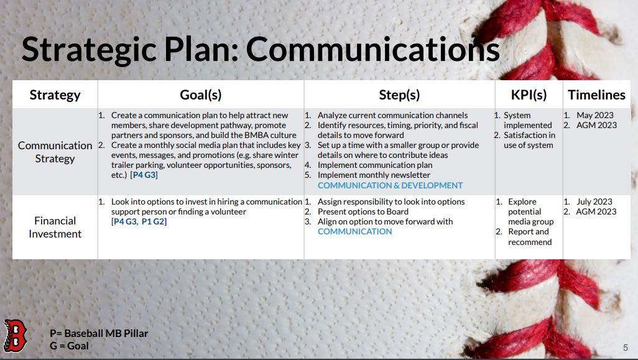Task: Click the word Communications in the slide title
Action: (372, 49)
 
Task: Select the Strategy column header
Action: (55, 95)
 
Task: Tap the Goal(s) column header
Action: (201, 95)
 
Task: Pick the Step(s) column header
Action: (399, 95)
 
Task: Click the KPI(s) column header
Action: (529, 95)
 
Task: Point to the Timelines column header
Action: (596, 95)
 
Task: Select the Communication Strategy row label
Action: (55, 152)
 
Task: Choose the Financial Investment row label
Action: (55, 227)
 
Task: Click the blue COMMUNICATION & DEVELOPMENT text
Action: (391, 185)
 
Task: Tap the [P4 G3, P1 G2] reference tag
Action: (139, 222)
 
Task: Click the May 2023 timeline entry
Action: (595, 116)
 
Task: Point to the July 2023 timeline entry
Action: (594, 202)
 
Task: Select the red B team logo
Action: (15, 336)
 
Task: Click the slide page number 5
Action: (626, 348)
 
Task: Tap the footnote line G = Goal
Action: (69, 346)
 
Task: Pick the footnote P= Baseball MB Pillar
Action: (99, 333)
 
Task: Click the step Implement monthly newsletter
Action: (374, 175)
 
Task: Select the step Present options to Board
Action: (363, 212)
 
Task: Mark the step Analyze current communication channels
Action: (392, 116)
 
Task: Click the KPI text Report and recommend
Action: (530, 237)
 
